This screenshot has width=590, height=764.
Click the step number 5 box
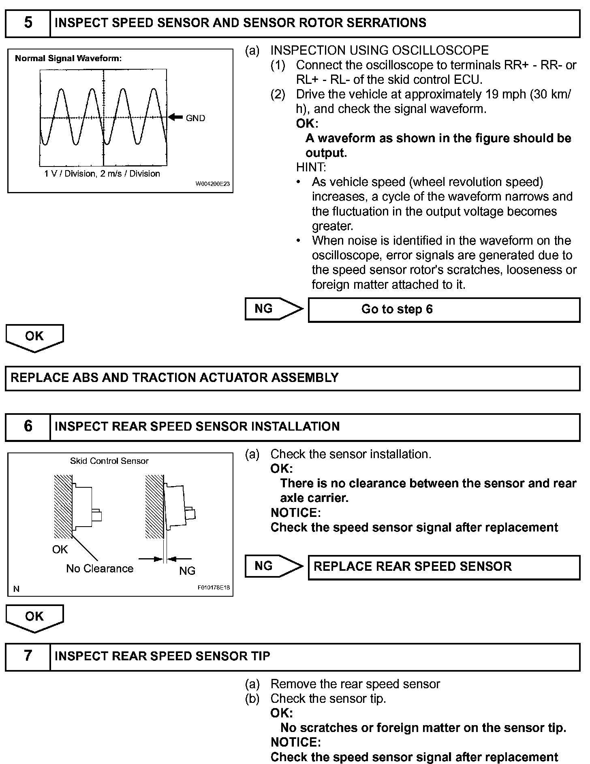(28, 23)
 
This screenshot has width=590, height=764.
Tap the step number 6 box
(28, 427)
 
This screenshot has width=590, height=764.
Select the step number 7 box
(28, 656)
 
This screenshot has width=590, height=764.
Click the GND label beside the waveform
(195, 118)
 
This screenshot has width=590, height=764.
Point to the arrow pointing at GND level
(175, 117)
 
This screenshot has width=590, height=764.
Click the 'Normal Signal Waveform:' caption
(68, 58)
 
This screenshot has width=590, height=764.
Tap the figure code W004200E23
(213, 184)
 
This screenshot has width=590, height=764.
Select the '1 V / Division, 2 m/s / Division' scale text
(102, 174)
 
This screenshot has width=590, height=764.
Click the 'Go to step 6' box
(444, 310)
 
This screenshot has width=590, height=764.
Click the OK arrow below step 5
(34, 337)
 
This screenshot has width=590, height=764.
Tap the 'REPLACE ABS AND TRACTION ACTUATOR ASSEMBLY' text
(174, 378)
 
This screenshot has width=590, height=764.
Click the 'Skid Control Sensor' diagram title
(109, 461)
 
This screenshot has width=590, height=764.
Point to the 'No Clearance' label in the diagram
(100, 569)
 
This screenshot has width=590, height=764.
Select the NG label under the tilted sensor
(187, 571)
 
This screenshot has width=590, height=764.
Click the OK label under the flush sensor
(60, 550)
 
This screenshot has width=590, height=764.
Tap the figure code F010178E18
(214, 588)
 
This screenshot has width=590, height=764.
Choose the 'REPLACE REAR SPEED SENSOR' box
(444, 567)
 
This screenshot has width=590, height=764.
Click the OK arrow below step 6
(34, 618)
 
